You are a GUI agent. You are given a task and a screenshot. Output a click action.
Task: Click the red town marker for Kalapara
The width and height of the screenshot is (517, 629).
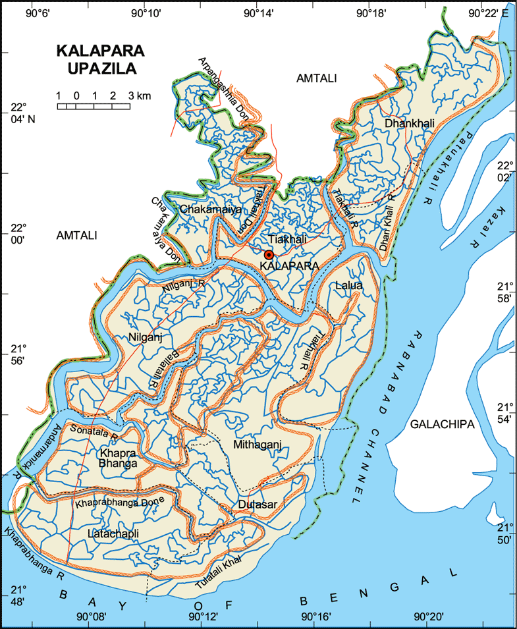269,255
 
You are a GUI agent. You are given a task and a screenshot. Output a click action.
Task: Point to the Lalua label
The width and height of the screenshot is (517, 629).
348,286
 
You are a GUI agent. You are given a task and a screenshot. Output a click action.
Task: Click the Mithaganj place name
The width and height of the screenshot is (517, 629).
258,445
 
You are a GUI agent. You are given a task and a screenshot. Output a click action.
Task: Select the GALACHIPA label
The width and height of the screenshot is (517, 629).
442,425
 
